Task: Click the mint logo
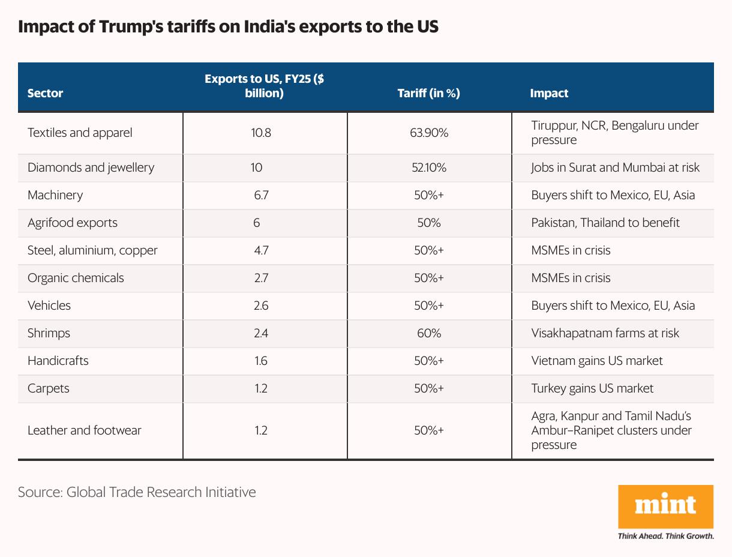tap(665, 507)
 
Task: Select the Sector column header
tap(45, 93)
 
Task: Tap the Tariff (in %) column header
tap(428, 93)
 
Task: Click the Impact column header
tap(549, 93)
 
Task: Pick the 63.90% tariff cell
tap(428, 133)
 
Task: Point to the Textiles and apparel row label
tap(80, 133)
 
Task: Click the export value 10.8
tap(261, 133)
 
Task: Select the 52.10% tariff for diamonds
tap(428, 167)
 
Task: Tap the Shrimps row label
tap(49, 333)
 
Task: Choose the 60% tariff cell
tap(428, 333)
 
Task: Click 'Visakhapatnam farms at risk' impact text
tap(605, 333)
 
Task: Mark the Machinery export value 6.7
tap(261, 195)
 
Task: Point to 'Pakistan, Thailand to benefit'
tap(605, 223)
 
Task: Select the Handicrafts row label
tap(58, 361)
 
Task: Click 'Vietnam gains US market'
tap(596, 361)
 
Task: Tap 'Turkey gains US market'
tap(592, 388)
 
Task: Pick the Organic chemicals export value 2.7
tap(261, 278)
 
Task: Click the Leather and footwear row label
tap(84, 430)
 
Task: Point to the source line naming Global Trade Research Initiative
tap(137, 492)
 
